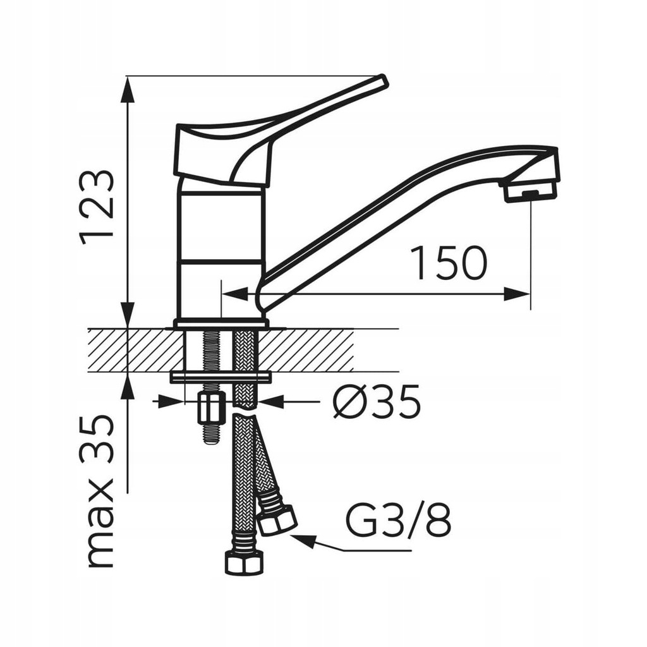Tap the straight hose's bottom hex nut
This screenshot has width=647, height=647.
[243, 563]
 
